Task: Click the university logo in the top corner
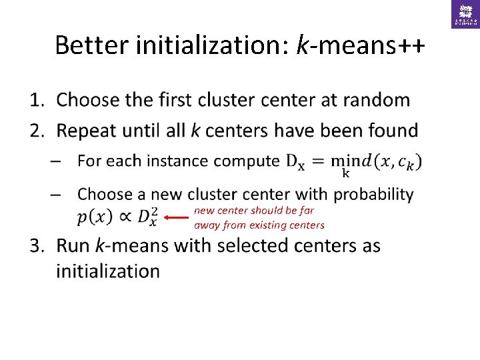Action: click(x=465, y=14)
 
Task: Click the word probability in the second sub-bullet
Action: click(x=373, y=194)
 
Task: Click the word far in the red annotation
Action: click(x=307, y=210)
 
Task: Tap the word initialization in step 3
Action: click(x=108, y=271)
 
